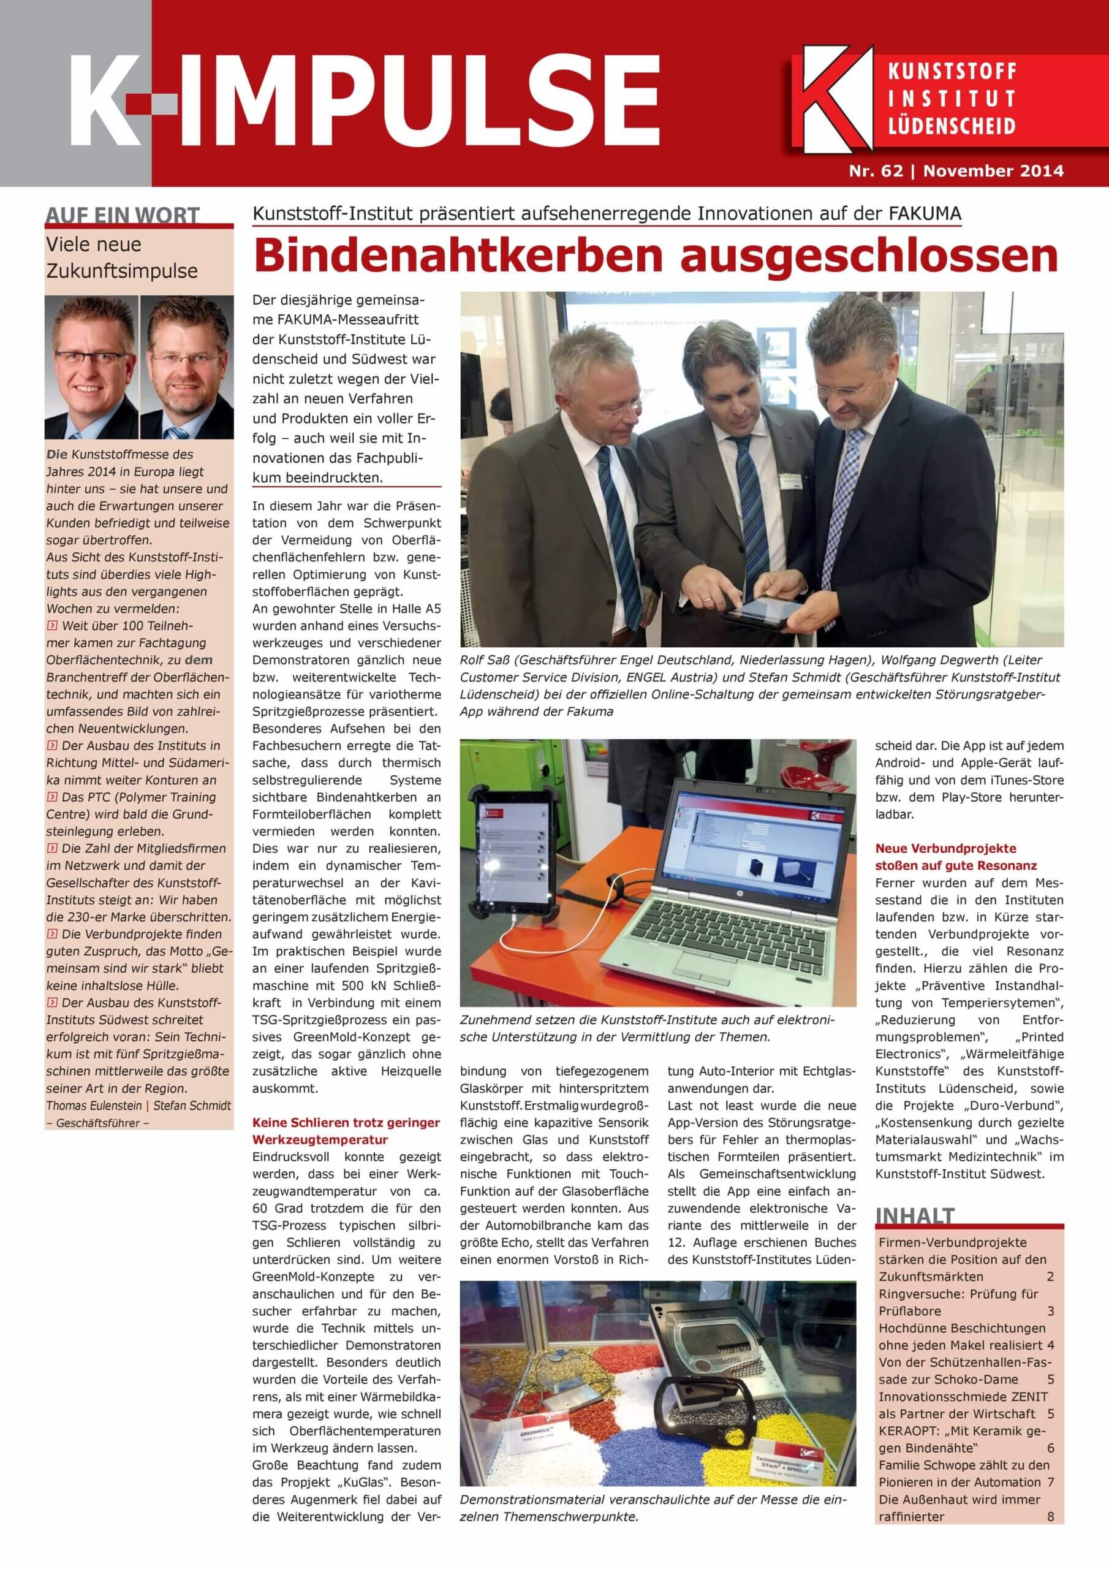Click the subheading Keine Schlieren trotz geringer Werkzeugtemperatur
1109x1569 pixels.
[346, 1131]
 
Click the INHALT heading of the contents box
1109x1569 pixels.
[914, 1217]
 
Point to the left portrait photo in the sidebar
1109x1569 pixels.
[91, 367]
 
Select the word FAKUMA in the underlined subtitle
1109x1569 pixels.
[925, 214]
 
